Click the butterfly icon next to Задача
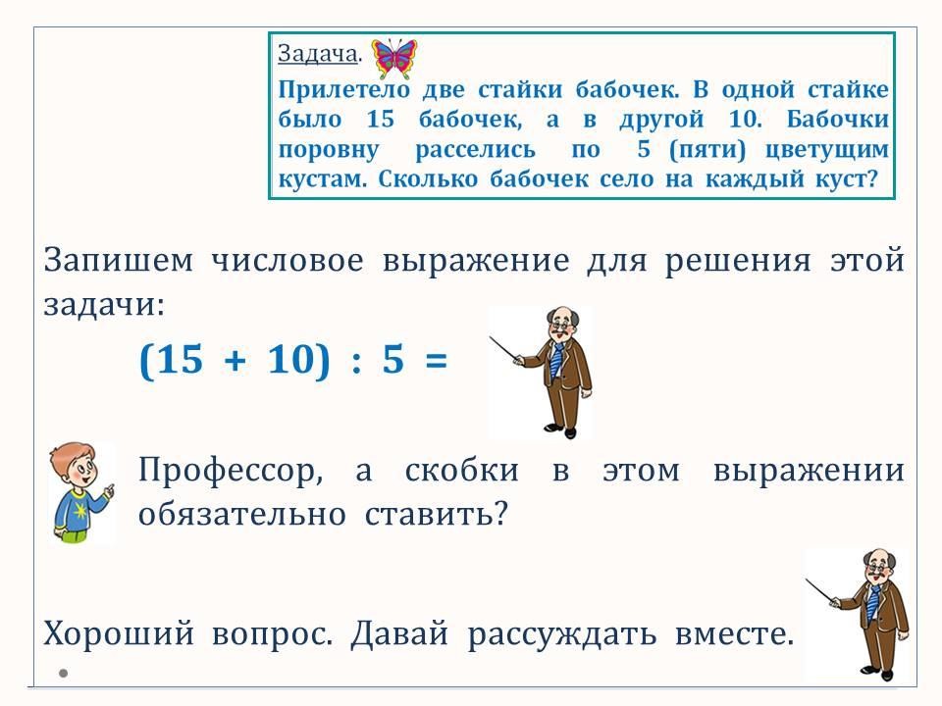(394, 58)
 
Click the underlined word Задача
(318, 54)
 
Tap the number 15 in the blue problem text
(381, 119)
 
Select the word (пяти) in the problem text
(707, 149)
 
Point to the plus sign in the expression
(235, 361)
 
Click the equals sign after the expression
(436, 361)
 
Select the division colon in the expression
(356, 362)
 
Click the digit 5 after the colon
(392, 359)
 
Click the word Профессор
(231, 470)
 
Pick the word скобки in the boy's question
(461, 470)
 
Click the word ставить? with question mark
(436, 514)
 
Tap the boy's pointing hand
(108, 490)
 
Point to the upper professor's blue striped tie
(557, 362)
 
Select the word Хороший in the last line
(119, 633)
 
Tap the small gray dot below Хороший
(63, 673)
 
